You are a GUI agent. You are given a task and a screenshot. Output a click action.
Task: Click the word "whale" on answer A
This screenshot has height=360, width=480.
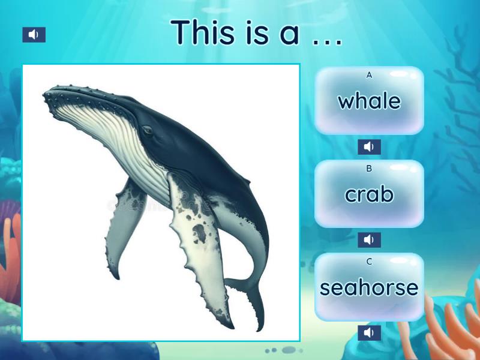coord(369,101)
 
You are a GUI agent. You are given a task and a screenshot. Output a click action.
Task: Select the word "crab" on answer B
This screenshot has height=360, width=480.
coord(369,194)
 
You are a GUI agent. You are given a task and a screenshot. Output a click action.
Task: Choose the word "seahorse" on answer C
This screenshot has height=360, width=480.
coord(369,287)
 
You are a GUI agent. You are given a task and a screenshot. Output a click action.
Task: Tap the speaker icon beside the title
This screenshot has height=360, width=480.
coord(34,35)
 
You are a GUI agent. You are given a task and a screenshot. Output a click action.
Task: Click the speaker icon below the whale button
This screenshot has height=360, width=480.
coord(369,147)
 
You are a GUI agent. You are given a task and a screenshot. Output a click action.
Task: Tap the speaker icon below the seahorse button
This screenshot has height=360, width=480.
coord(369,332)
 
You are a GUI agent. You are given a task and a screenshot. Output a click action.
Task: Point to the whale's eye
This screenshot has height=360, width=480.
coord(146,130)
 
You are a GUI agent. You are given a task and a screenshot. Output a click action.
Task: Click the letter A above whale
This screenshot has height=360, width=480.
coord(369,75)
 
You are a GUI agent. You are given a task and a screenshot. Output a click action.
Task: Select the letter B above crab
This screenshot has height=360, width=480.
coord(369,169)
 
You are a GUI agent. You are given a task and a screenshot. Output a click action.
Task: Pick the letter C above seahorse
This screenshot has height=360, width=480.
coord(369,262)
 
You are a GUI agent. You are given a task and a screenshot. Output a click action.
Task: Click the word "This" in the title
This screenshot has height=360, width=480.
coord(201,32)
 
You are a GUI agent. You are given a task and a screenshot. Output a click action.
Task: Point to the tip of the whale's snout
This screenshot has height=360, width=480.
coord(46,95)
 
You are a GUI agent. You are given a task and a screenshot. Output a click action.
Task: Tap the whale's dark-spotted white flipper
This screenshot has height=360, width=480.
coord(198,252)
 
